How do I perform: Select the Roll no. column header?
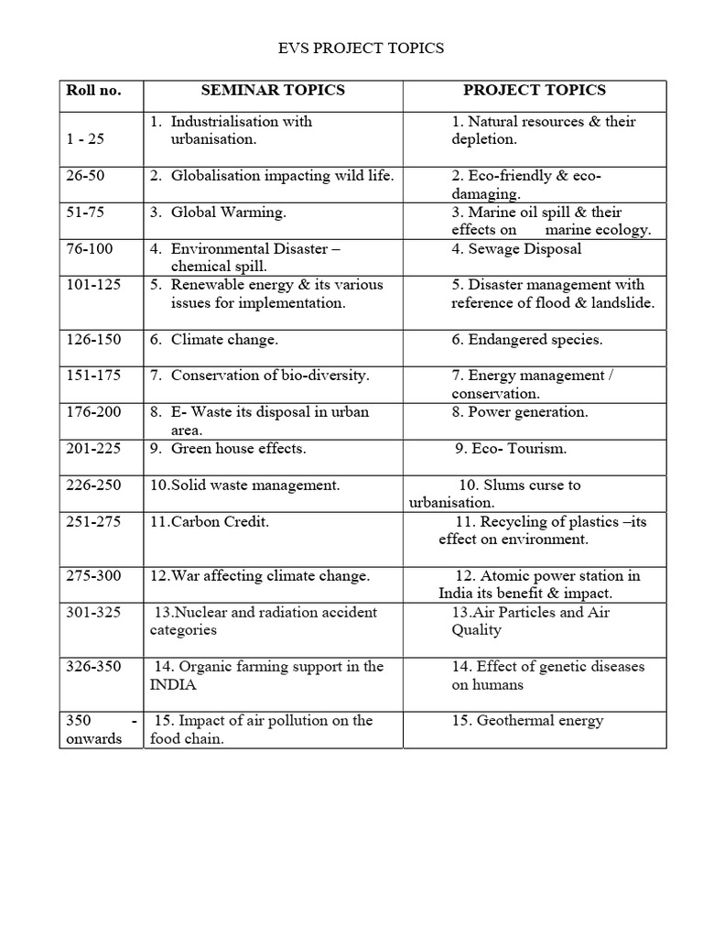93,91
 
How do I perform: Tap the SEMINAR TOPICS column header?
273,90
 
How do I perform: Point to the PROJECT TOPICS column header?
535,90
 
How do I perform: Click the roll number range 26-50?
87,175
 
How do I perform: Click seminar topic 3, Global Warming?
228,213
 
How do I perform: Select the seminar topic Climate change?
224,340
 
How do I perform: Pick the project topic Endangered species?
535,340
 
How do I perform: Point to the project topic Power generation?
528,412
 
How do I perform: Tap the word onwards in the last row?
93,739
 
